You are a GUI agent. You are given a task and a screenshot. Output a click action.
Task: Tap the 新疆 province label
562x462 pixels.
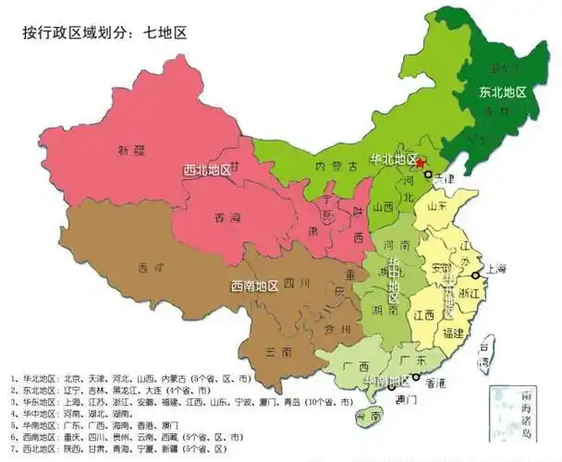click(131, 150)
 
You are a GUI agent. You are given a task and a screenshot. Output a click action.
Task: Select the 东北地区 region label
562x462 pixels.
click(502, 92)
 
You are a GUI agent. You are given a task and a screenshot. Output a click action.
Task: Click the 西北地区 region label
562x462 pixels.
click(208, 170)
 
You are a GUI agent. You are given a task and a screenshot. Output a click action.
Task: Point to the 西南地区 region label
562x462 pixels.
click(254, 286)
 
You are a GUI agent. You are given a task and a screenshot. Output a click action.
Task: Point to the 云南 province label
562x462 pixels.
click(279, 352)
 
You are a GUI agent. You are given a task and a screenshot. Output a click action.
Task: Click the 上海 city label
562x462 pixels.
click(495, 269)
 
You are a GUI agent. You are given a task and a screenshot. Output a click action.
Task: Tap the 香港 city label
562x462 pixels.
click(446, 383)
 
